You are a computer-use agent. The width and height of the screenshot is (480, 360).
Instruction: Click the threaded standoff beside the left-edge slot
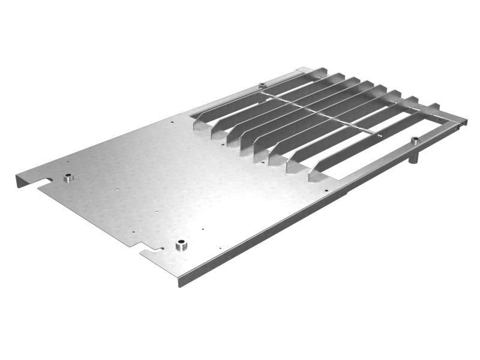pos(68,178)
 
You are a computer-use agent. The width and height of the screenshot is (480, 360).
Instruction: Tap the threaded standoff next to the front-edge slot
pos(181,245)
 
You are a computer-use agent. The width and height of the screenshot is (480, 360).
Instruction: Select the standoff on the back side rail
pos(262,85)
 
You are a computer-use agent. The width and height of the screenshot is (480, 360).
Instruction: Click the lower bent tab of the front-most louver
pos(315,175)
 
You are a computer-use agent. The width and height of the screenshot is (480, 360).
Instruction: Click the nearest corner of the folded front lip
pos(181,283)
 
